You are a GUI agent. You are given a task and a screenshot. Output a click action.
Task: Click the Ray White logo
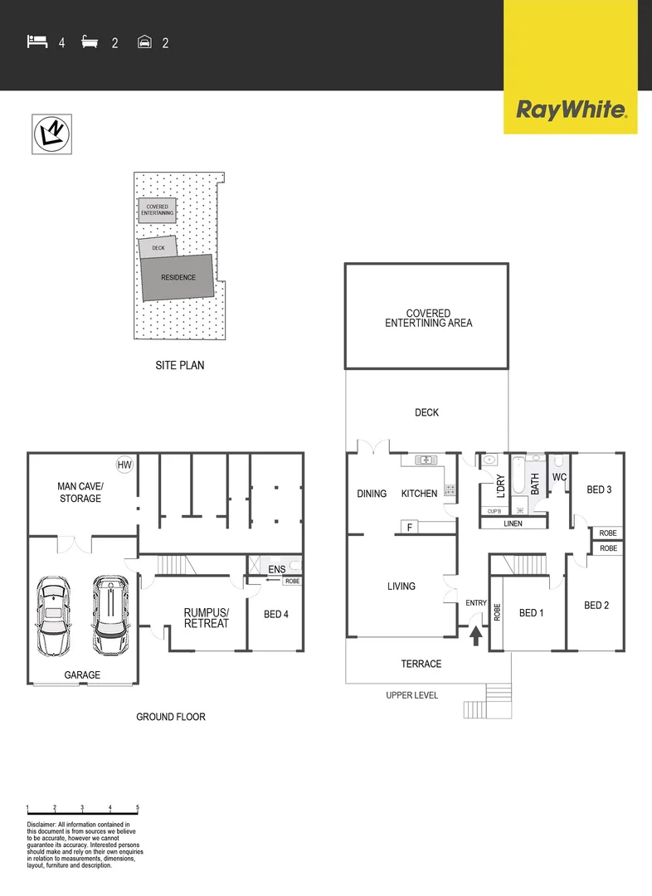tap(571, 110)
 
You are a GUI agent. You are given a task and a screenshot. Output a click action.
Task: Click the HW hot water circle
tap(124, 465)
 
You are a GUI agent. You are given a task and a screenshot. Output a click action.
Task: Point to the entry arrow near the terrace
tap(476, 635)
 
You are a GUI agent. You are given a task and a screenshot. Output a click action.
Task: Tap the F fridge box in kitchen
tap(409, 526)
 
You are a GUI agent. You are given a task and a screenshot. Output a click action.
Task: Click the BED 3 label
tap(598, 489)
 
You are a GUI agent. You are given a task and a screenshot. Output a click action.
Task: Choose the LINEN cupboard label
tap(513, 523)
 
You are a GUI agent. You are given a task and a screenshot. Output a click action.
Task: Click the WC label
tap(559, 477)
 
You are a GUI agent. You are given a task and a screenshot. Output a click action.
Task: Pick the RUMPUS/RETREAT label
tap(206, 618)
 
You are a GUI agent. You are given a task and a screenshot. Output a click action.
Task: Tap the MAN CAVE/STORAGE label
tap(80, 492)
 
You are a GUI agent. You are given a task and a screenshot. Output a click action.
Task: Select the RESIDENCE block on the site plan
tap(178, 277)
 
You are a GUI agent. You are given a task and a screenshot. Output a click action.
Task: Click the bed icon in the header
tap(37, 41)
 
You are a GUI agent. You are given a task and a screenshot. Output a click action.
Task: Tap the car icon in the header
tap(144, 41)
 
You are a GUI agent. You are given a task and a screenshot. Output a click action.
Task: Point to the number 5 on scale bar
tap(138, 807)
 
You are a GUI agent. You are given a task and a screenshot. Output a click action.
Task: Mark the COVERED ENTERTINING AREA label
tap(428, 319)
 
